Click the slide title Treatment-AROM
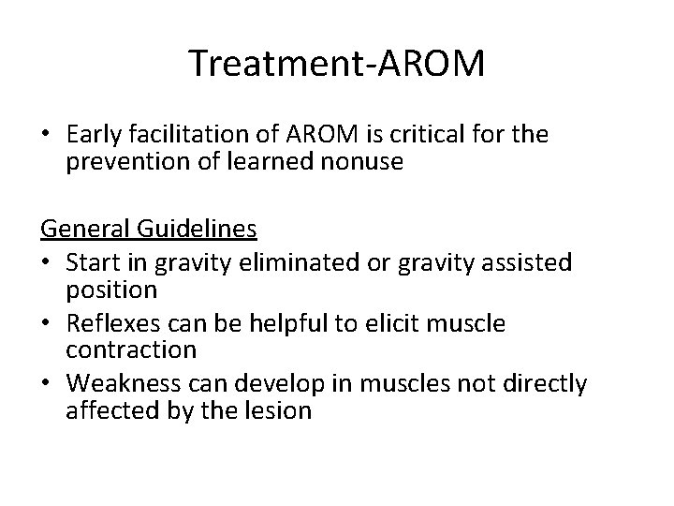pos(336,64)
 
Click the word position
pos(111,290)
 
